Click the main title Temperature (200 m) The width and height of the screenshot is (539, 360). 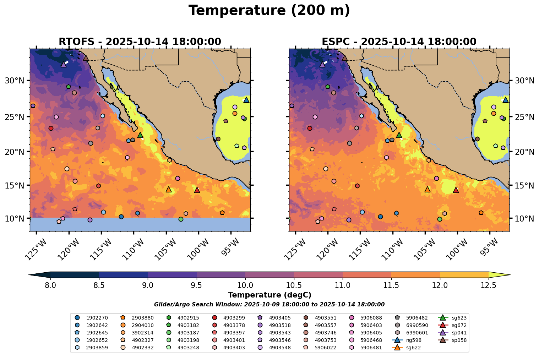click(269, 11)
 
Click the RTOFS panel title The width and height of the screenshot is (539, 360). click(140, 42)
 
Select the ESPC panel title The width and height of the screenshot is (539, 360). click(399, 42)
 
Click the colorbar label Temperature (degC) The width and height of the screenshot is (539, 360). click(269, 295)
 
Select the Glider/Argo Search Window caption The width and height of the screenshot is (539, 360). click(269, 305)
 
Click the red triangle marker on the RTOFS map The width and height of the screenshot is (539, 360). click(197, 190)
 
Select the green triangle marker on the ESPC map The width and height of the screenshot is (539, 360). click(399, 135)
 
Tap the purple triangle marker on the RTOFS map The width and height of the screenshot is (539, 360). click(64, 64)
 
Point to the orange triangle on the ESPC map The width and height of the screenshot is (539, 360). click(428, 189)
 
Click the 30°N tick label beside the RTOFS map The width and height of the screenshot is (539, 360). click(15, 81)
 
